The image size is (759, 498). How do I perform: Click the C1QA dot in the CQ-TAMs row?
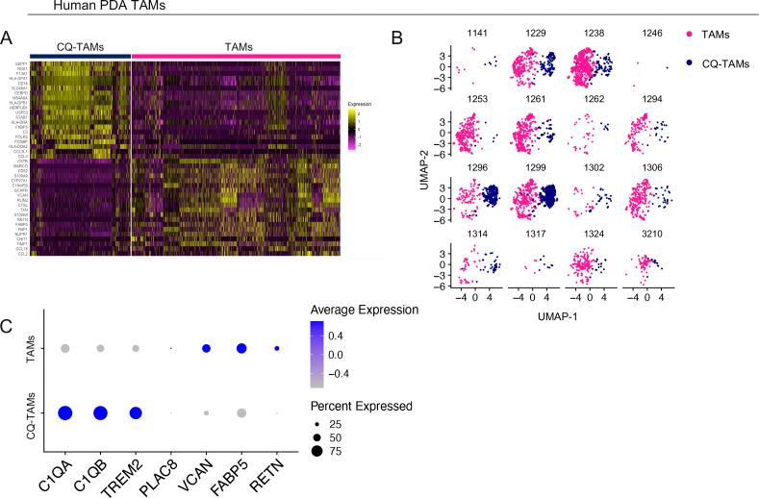pyautogui.click(x=65, y=413)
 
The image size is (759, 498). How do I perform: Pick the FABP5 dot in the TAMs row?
pyautogui.click(x=241, y=348)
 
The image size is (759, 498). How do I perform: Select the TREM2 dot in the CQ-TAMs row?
pyautogui.click(x=136, y=413)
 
